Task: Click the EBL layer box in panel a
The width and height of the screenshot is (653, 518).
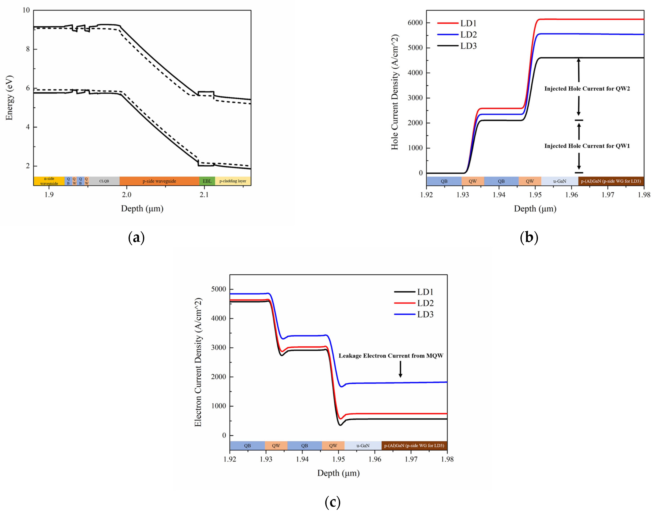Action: (207, 181)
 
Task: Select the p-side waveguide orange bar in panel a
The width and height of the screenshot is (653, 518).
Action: (159, 181)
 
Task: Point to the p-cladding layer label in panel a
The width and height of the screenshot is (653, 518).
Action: (233, 181)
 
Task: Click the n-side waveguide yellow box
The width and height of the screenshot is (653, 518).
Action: (49, 181)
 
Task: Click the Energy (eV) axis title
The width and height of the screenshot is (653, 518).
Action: (9, 98)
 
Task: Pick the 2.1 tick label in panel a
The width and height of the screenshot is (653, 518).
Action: (204, 195)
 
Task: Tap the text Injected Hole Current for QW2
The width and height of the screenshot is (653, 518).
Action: (587, 89)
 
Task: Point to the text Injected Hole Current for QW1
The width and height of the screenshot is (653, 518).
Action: (587, 146)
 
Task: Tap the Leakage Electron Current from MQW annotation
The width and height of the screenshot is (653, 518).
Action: (391, 356)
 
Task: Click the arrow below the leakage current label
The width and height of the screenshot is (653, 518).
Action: (400, 369)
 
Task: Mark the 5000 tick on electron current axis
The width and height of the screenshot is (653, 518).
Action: (218, 289)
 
